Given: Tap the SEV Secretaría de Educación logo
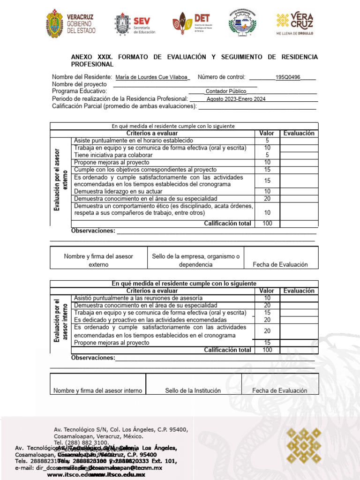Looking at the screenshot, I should [135, 24].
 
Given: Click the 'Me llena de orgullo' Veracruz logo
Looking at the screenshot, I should [295, 23].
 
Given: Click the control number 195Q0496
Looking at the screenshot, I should [288, 77].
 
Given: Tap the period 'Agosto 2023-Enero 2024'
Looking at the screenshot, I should [236, 99].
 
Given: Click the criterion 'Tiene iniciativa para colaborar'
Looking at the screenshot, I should [113, 155].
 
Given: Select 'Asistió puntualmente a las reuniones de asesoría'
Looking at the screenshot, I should [138, 298].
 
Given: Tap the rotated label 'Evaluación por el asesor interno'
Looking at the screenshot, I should [60, 322].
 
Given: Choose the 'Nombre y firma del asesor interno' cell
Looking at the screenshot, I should [97, 390].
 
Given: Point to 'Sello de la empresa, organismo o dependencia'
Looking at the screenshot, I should [195, 260].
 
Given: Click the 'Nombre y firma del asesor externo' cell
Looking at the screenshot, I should [98, 260].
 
